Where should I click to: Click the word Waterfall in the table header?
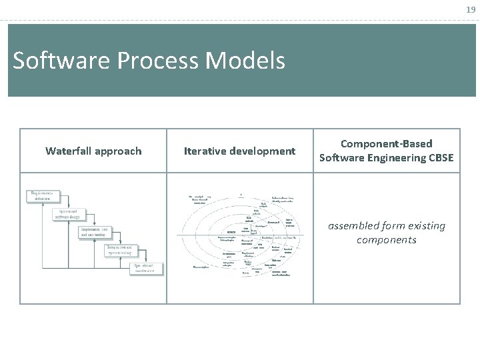[69, 151]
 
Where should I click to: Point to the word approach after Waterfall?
[118, 151]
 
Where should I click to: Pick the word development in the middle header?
[263, 151]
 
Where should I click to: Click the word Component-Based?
[387, 143]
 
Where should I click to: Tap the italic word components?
[387, 239]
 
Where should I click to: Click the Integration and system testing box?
[123, 250]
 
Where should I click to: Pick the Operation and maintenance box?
[145, 268]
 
